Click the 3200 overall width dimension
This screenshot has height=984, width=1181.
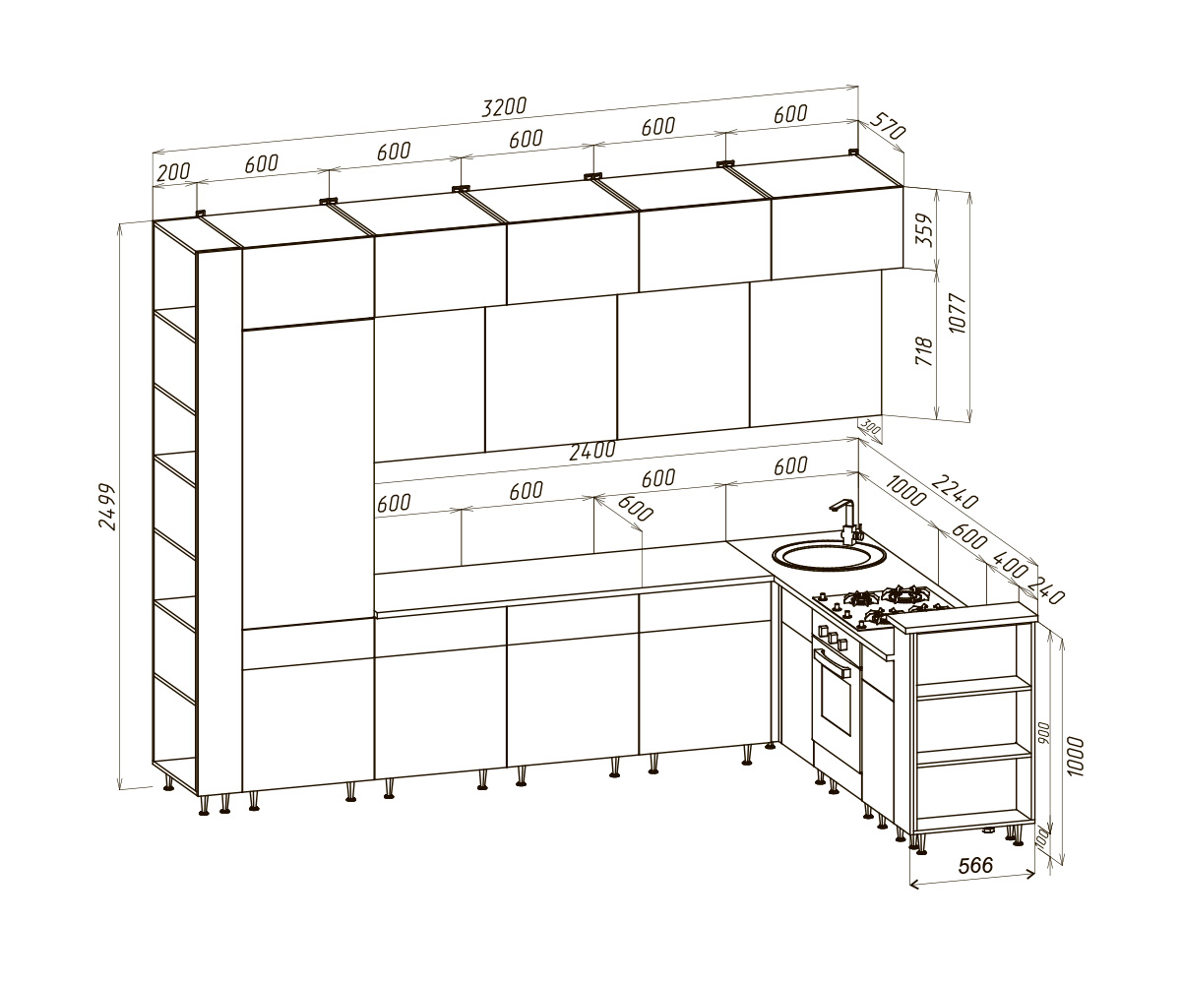click(x=504, y=107)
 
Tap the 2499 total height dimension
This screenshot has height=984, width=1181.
click(x=107, y=506)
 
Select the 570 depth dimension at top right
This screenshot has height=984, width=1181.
click(x=888, y=126)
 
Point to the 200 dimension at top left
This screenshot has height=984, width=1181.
click(x=173, y=172)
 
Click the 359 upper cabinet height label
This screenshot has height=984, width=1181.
click(x=924, y=229)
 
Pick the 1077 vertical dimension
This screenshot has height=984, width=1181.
click(x=957, y=313)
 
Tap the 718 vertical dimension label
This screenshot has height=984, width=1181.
click(x=924, y=350)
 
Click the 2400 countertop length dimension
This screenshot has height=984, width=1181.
click(x=592, y=451)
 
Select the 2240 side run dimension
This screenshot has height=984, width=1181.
click(x=955, y=491)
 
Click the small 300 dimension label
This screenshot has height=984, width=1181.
click(x=870, y=427)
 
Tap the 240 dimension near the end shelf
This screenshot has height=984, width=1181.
click(x=1046, y=589)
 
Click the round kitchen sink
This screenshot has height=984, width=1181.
click(x=830, y=557)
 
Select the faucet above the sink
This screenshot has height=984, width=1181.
click(x=848, y=521)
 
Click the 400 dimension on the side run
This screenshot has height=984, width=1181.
click(x=1009, y=565)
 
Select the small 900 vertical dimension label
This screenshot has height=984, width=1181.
click(x=1044, y=733)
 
